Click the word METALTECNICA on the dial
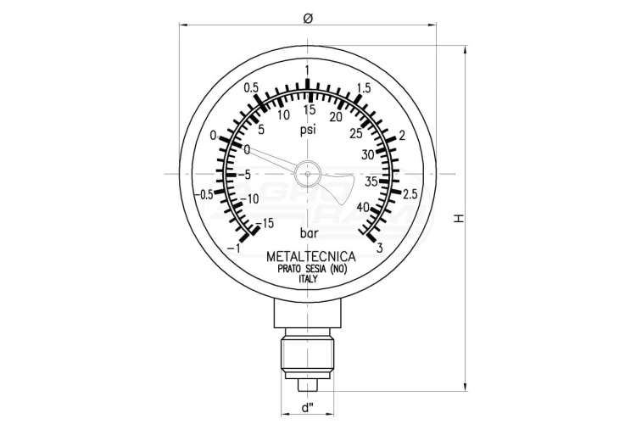tap(311, 257)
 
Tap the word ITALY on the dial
tap(309, 279)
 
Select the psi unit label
tap(308, 131)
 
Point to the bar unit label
tap(309, 233)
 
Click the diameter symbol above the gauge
tap(308, 19)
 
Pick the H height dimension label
tap(458, 219)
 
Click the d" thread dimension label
tap(309, 408)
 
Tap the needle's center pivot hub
tap(308, 174)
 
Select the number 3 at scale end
tap(380, 248)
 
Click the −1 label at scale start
tap(234, 248)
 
